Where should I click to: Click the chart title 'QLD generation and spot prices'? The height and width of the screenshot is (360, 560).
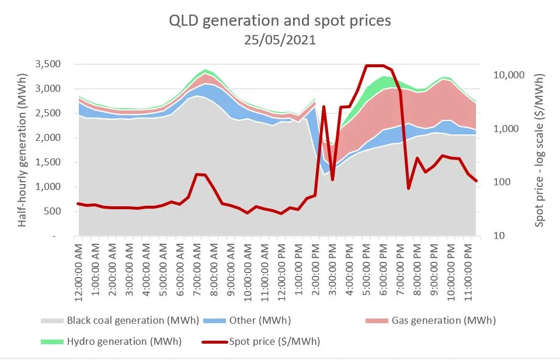click(280, 20)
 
